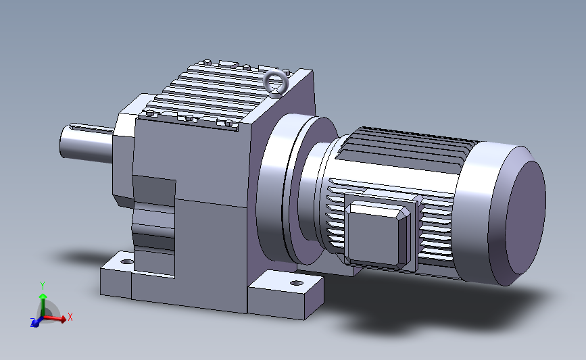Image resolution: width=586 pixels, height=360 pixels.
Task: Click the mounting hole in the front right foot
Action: click(296, 283)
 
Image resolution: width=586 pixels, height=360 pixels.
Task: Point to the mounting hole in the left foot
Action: click(127, 262)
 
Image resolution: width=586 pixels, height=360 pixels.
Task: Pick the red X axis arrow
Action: click(55, 318)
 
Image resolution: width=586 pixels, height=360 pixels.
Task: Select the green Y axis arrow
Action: click(43, 305)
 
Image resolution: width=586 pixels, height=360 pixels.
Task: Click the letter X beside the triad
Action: click(70, 317)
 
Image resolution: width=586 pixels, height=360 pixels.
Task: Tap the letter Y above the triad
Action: click(43, 286)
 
